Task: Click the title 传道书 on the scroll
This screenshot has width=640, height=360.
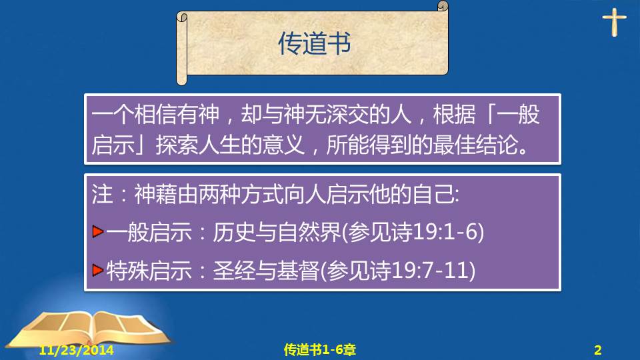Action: click(314, 43)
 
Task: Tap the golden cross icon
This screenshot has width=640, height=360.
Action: click(614, 23)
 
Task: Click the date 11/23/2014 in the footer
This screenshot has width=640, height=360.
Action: click(76, 350)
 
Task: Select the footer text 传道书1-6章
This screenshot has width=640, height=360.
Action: click(319, 349)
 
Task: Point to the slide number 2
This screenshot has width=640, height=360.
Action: click(597, 350)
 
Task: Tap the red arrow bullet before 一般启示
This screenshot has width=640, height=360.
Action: click(97, 231)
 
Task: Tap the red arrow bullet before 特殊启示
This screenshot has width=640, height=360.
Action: click(97, 270)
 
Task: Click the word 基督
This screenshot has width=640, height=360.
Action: click(298, 270)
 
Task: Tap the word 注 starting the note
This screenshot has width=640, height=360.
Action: click(102, 194)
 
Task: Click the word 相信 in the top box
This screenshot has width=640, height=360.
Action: click(155, 114)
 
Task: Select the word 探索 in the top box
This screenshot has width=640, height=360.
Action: click(177, 145)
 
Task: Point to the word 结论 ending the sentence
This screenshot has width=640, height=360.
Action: click(496, 145)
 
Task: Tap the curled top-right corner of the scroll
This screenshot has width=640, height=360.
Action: click(443, 6)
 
